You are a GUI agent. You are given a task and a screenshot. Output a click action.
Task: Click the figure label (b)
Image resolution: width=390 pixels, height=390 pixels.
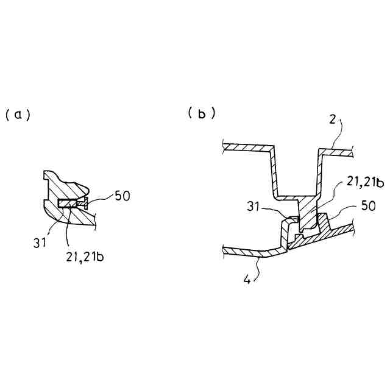(202, 113)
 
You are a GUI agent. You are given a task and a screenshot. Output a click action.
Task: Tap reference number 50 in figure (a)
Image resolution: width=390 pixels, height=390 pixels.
(121, 196)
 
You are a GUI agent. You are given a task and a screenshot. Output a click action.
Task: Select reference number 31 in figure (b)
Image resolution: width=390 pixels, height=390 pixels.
(255, 208)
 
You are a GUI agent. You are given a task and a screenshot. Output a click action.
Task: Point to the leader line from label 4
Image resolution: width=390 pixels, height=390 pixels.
(261, 267)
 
